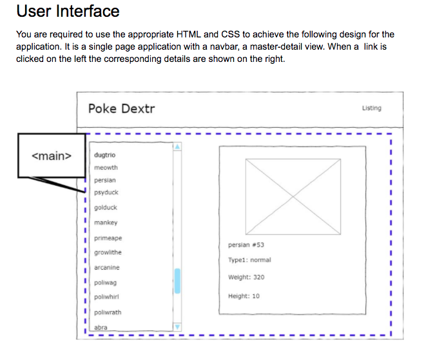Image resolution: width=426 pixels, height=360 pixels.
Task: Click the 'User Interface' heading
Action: tap(68, 12)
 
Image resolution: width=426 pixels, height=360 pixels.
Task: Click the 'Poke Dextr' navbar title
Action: tap(121, 108)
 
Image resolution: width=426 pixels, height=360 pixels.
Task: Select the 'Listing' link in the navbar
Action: tap(371, 108)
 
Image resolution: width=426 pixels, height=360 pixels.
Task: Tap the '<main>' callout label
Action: tap(52, 155)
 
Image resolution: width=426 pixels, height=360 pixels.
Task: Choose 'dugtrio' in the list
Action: tap(105, 155)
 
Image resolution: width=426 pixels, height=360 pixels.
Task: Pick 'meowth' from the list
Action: tap(106, 168)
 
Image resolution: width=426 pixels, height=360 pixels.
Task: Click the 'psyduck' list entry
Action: tap(106, 193)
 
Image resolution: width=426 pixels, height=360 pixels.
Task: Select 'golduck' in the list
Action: tap(106, 208)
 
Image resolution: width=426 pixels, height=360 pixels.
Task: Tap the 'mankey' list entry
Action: tap(106, 223)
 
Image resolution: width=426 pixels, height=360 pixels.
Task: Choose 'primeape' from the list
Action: tap(108, 238)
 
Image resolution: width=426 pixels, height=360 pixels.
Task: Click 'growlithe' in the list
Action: tap(108, 253)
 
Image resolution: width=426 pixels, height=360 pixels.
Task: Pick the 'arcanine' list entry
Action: tap(107, 268)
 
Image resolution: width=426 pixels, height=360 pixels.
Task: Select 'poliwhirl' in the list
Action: tap(107, 297)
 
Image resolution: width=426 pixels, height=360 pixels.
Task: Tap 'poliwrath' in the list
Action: tap(108, 312)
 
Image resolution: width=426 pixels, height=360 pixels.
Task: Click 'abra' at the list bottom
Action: tap(101, 328)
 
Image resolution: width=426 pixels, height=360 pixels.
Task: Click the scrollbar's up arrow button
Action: tap(178, 147)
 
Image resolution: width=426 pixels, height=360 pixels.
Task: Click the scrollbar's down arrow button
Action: tap(178, 327)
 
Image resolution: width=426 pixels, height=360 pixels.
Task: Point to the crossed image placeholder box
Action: tap(293, 196)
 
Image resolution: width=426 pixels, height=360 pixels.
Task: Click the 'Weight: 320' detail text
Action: tap(246, 277)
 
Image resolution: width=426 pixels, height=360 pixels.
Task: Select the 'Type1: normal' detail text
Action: tap(249, 260)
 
